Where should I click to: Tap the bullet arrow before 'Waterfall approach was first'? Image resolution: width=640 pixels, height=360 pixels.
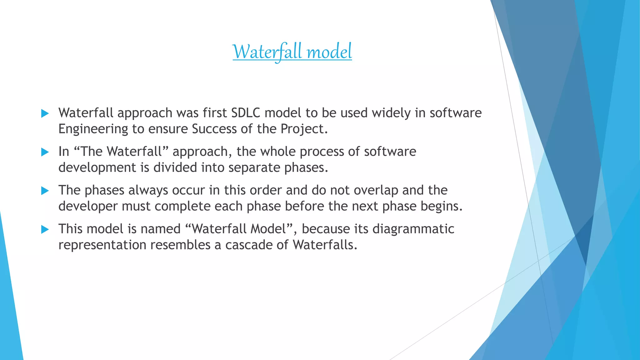(x=45, y=114)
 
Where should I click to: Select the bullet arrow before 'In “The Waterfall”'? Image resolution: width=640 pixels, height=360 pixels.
(x=45, y=152)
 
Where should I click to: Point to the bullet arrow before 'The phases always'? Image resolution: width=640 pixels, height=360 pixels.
(x=45, y=191)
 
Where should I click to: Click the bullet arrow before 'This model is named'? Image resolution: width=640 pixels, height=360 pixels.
(x=45, y=230)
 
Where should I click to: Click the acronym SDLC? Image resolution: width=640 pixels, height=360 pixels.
(x=246, y=113)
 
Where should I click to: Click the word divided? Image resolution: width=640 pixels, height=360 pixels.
(x=175, y=167)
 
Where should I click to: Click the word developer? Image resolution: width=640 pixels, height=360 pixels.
(x=88, y=207)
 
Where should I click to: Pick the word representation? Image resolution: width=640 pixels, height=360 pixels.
(x=102, y=245)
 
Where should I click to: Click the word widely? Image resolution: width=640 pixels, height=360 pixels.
(x=391, y=113)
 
